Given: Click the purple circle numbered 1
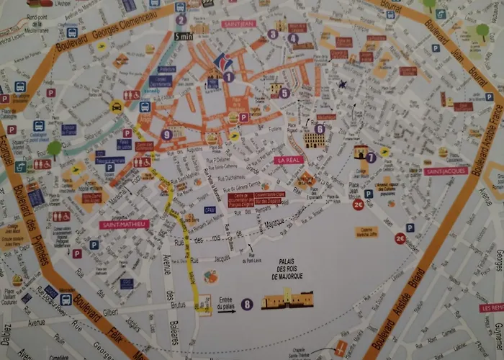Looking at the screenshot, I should click(228, 76).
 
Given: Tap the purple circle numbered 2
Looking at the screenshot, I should click(181, 20).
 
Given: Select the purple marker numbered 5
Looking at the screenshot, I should click(285, 93).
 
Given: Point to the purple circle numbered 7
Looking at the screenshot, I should click(371, 157).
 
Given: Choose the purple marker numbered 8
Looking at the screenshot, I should click(247, 305).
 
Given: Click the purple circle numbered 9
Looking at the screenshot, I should click(167, 134).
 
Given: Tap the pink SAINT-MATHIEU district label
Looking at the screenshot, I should click(124, 224).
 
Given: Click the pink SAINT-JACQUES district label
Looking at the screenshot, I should click(441, 171).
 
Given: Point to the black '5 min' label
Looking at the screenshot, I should click(184, 35).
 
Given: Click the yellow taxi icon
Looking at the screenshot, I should click(116, 107).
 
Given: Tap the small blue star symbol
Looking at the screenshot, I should click(343, 84).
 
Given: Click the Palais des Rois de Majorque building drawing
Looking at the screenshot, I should click(287, 300).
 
